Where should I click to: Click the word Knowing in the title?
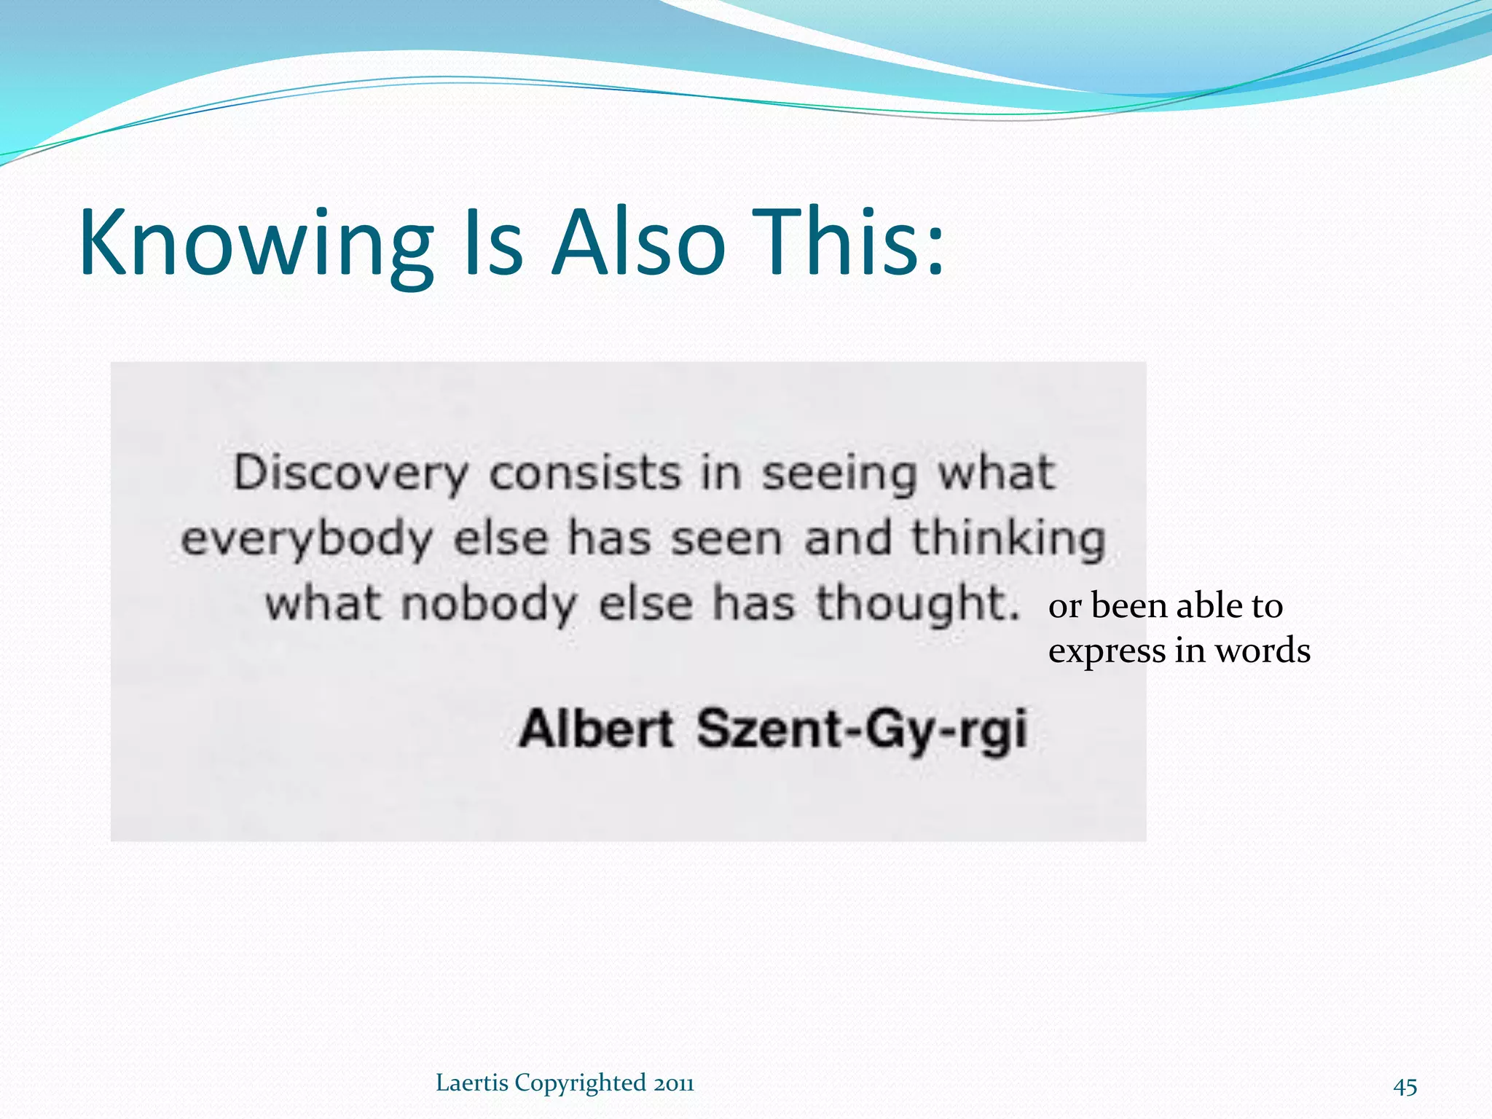[x=256, y=244]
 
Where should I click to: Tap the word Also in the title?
[x=638, y=244]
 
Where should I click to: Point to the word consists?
[x=585, y=474]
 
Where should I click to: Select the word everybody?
[x=307, y=540]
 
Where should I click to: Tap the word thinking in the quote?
[x=1009, y=540]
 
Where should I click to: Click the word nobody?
[x=489, y=605]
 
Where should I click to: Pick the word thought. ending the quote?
[x=917, y=605]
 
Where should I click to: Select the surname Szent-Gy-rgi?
[x=862, y=730]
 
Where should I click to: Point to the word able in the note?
[x=1209, y=606]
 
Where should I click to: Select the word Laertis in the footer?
[x=471, y=1083]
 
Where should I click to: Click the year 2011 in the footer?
[x=673, y=1083]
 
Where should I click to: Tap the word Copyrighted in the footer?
[x=580, y=1084]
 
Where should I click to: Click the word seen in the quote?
[x=726, y=540]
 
